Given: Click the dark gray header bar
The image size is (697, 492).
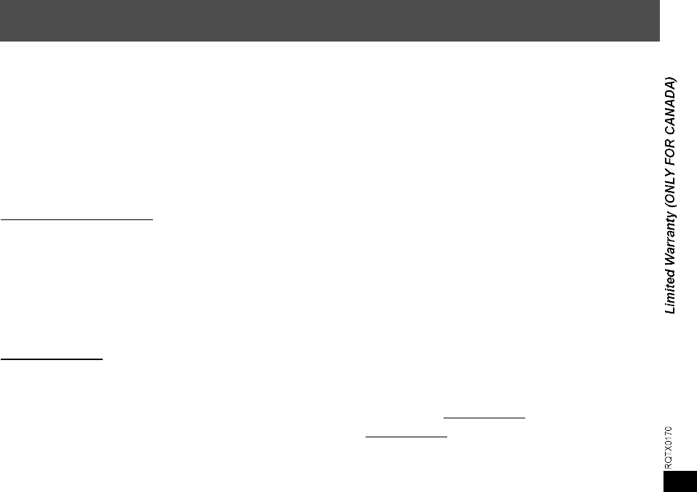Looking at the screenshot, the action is click(x=329, y=20).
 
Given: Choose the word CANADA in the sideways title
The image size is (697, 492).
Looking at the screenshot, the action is click(x=669, y=107).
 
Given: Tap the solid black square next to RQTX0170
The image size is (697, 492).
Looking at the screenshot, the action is click(x=680, y=481).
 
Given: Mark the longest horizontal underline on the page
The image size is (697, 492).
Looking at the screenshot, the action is click(x=77, y=218).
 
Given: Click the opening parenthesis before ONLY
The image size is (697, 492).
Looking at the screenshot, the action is click(x=669, y=205).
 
